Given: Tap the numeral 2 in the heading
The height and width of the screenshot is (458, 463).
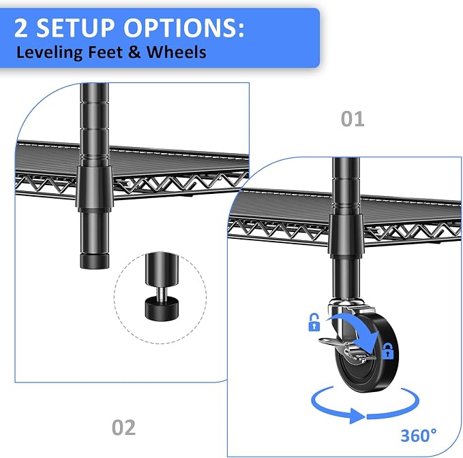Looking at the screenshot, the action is coord(20,28).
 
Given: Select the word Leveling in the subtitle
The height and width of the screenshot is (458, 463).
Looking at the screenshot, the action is coord(49,52).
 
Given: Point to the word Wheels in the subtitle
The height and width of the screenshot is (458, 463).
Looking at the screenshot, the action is coord(177,52).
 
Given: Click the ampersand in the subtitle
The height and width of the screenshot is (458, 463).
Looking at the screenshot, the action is coord(134,52).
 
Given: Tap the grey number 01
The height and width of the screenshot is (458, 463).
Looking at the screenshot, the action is coord(353,119).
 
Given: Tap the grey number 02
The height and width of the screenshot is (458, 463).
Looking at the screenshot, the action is coord(123,427).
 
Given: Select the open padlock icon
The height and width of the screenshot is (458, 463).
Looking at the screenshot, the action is coord(314,322).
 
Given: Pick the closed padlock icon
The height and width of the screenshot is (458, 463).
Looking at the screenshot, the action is coord(388,350).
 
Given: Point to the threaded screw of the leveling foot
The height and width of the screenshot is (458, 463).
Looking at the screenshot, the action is coord(160,293).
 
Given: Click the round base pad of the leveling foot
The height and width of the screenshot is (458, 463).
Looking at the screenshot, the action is coord(161,309).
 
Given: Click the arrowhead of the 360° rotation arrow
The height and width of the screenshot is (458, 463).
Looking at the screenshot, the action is coord(357,416).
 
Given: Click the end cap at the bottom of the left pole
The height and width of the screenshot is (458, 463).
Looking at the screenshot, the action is coord(95,261).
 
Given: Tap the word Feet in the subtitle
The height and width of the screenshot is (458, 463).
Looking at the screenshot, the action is coord(105,52).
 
